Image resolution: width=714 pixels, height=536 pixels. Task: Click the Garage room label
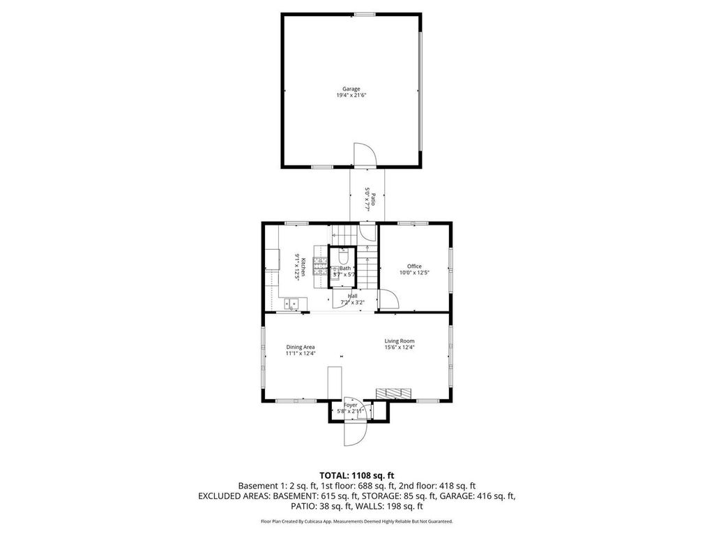coord(351,89)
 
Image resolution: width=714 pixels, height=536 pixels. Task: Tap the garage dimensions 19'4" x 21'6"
coord(351,95)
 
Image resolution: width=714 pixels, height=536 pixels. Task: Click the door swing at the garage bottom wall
coord(364,154)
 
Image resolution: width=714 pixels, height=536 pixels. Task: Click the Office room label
coord(414,266)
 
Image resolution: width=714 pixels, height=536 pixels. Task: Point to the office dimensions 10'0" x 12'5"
coord(414,272)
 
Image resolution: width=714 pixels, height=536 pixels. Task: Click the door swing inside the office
coord(388,299)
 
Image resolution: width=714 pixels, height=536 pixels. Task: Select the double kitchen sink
coord(294,303)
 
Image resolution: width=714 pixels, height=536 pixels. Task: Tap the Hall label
coord(352,296)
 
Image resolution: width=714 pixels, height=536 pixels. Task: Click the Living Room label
coord(400,341)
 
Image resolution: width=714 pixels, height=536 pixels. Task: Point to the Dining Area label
coord(301,347)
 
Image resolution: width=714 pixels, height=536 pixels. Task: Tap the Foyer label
coord(350,405)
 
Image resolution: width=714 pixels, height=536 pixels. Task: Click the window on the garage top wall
coord(364,13)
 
